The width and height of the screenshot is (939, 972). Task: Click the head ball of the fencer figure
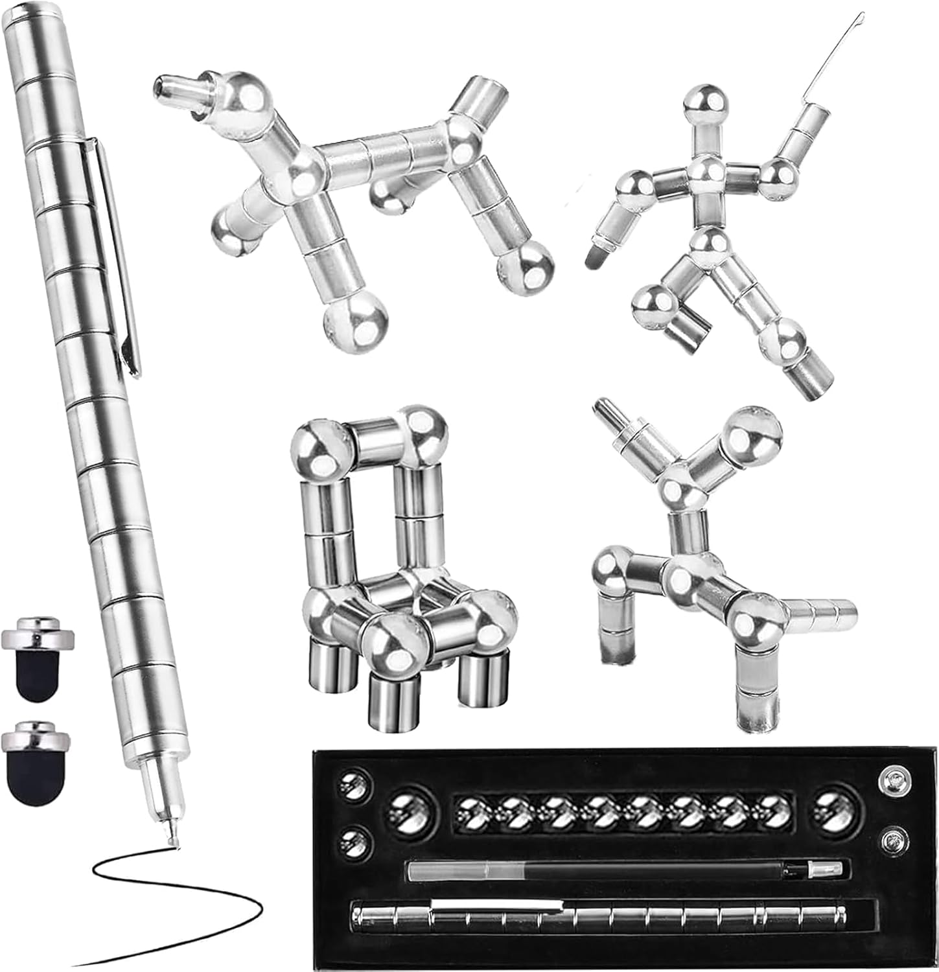tap(705, 103)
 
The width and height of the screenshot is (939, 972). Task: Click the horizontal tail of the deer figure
tap(823, 614)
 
